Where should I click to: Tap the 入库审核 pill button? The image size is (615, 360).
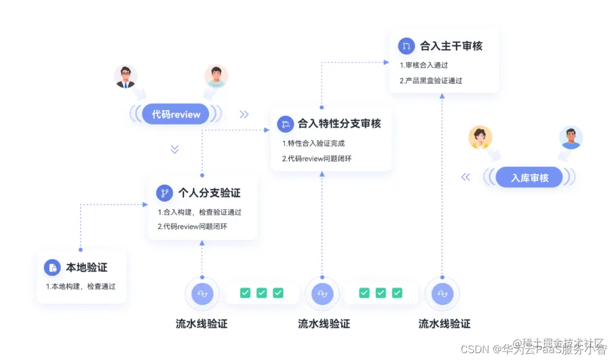tap(530, 178)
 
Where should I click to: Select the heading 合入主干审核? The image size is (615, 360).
tap(451, 46)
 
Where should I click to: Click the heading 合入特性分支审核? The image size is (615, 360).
tap(339, 123)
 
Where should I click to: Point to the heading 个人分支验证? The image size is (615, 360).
tap(209, 193)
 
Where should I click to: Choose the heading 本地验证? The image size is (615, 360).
tap(87, 267)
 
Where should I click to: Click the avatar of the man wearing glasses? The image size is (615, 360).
tap(126, 76)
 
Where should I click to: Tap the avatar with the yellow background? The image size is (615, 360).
tap(480, 137)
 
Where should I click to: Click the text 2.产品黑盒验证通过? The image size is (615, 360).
tap(431, 80)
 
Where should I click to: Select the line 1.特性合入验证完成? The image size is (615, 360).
tap(313, 143)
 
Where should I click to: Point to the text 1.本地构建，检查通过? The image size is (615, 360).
tap(81, 286)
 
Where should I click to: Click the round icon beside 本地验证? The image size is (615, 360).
tap(52, 268)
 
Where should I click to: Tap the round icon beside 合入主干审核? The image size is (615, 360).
tap(406, 46)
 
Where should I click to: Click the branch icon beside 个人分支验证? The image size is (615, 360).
tap(165, 193)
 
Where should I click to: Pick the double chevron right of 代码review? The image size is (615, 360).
tap(244, 114)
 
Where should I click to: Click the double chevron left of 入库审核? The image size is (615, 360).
tap(466, 177)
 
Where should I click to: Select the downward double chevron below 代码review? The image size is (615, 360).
tap(175, 149)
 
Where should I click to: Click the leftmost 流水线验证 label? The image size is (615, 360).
tap(202, 324)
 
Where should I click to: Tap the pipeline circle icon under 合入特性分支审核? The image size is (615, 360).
tap(322, 293)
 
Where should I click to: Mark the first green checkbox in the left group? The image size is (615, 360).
tap(245, 293)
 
